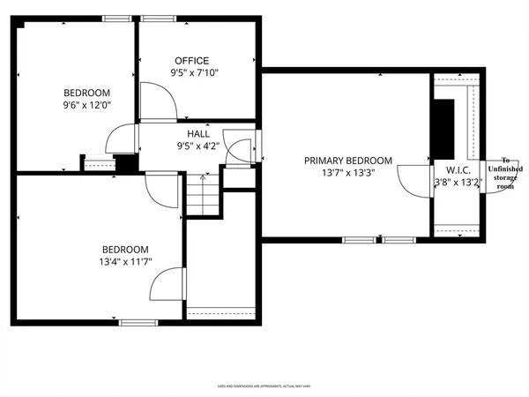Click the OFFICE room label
(191, 61)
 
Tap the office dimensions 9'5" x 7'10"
(194, 73)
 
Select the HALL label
(197, 134)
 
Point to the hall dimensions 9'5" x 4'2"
(197, 146)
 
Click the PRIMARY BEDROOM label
(348, 161)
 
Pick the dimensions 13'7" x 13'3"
(348, 173)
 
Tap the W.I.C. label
(457, 169)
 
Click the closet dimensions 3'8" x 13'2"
(458, 183)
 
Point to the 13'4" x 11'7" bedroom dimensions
(124, 261)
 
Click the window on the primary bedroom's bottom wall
(378, 239)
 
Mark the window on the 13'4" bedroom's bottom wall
(138, 322)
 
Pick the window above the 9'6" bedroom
(116, 19)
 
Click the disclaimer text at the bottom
(264, 386)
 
